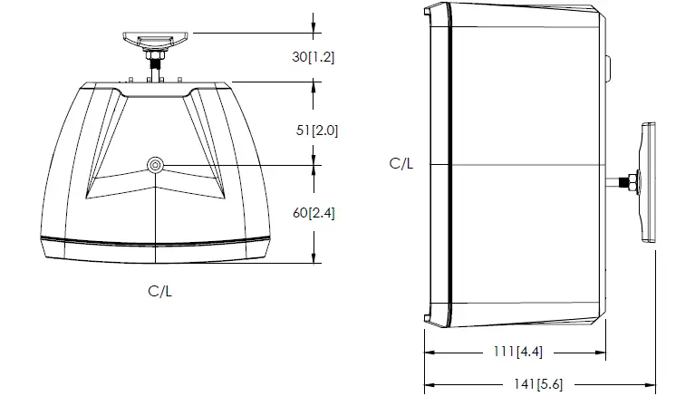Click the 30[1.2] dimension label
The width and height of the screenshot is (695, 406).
[x=314, y=56]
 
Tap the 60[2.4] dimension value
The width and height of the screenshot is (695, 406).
[x=314, y=214]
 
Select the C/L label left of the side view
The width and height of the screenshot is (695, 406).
[x=402, y=164]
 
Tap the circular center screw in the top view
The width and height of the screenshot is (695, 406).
[x=157, y=166]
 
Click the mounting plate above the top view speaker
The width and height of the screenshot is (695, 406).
[x=157, y=39]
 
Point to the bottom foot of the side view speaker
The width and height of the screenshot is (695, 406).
[x=426, y=316]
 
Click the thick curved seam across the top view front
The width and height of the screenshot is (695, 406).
[x=158, y=242]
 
